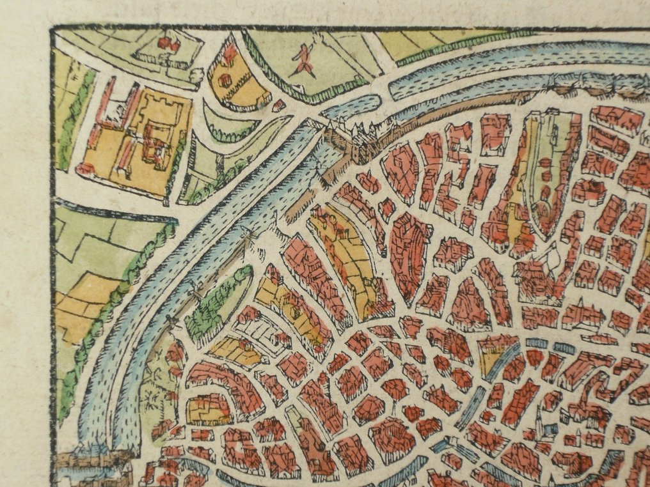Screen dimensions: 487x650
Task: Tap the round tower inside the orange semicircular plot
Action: coord(225,81)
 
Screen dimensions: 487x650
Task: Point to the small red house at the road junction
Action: coord(279,105)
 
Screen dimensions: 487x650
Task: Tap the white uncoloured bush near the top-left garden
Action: coord(197,75)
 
